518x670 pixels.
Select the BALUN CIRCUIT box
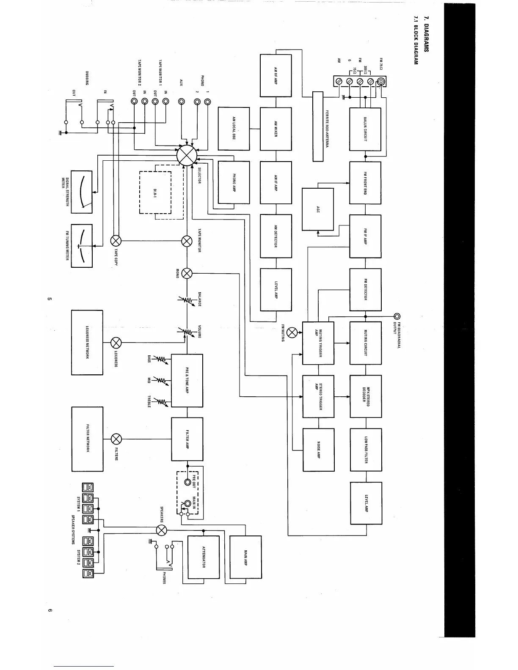(365, 129)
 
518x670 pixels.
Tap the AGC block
(317, 209)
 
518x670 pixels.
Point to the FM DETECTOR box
(365, 290)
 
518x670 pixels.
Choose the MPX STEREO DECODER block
(366, 396)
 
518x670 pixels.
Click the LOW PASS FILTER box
(366, 450)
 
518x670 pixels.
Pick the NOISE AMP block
(318, 450)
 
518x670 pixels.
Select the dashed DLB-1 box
(155, 192)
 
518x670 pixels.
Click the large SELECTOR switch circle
(187, 155)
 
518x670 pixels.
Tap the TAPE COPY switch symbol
(116, 241)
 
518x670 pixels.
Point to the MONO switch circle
(187, 273)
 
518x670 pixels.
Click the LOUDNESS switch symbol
(116, 342)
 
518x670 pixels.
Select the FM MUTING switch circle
(292, 332)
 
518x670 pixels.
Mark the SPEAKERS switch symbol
(161, 530)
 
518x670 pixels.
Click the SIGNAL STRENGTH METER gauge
(82, 192)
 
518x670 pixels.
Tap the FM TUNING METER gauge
(82, 246)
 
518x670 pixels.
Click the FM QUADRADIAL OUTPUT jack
(397, 316)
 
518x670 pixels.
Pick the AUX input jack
(181, 102)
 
